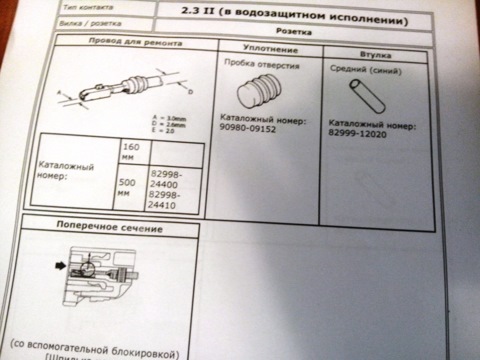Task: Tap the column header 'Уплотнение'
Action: tap(266, 49)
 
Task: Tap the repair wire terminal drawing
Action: tap(110, 92)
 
